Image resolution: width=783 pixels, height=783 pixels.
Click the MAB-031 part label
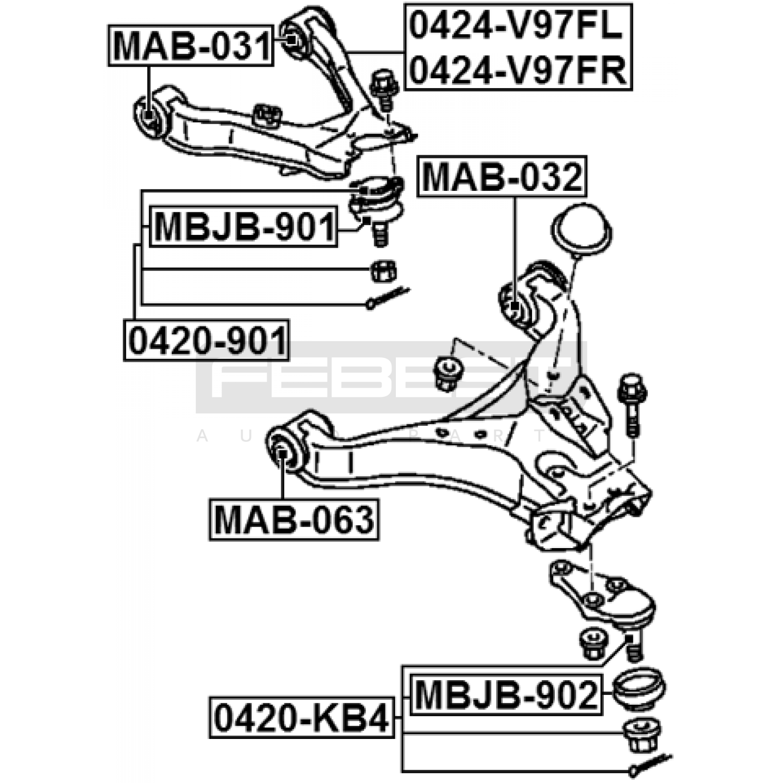(x=190, y=46)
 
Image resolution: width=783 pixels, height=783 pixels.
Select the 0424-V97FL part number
(x=517, y=25)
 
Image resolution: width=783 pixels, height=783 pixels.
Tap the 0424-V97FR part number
(x=518, y=70)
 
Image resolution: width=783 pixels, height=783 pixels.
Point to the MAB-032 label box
(x=502, y=177)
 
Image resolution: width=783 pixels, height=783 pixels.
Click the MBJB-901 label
(x=244, y=227)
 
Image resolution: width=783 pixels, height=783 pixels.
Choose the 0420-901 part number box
(x=207, y=341)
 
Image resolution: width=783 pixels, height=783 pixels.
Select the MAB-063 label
(x=294, y=519)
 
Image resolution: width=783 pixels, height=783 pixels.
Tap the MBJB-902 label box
(x=506, y=694)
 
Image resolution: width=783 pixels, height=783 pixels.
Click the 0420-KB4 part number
(x=302, y=718)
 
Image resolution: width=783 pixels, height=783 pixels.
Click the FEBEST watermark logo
(x=391, y=377)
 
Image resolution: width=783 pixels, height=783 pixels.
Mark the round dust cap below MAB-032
(x=581, y=230)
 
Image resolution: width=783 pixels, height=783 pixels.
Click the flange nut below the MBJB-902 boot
(x=641, y=735)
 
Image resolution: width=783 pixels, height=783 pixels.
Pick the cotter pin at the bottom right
(x=650, y=764)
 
